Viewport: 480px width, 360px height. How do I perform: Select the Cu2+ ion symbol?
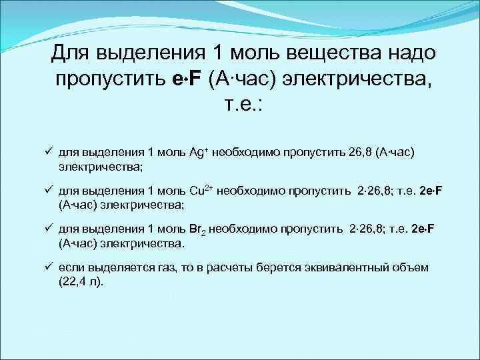pos(201,191)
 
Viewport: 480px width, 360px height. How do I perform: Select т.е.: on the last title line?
pos(239,106)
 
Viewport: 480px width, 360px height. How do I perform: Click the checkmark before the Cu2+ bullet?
pos(49,191)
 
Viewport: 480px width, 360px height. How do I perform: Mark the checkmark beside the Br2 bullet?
pos(49,229)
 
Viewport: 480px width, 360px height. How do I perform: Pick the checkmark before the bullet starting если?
pos(49,267)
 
